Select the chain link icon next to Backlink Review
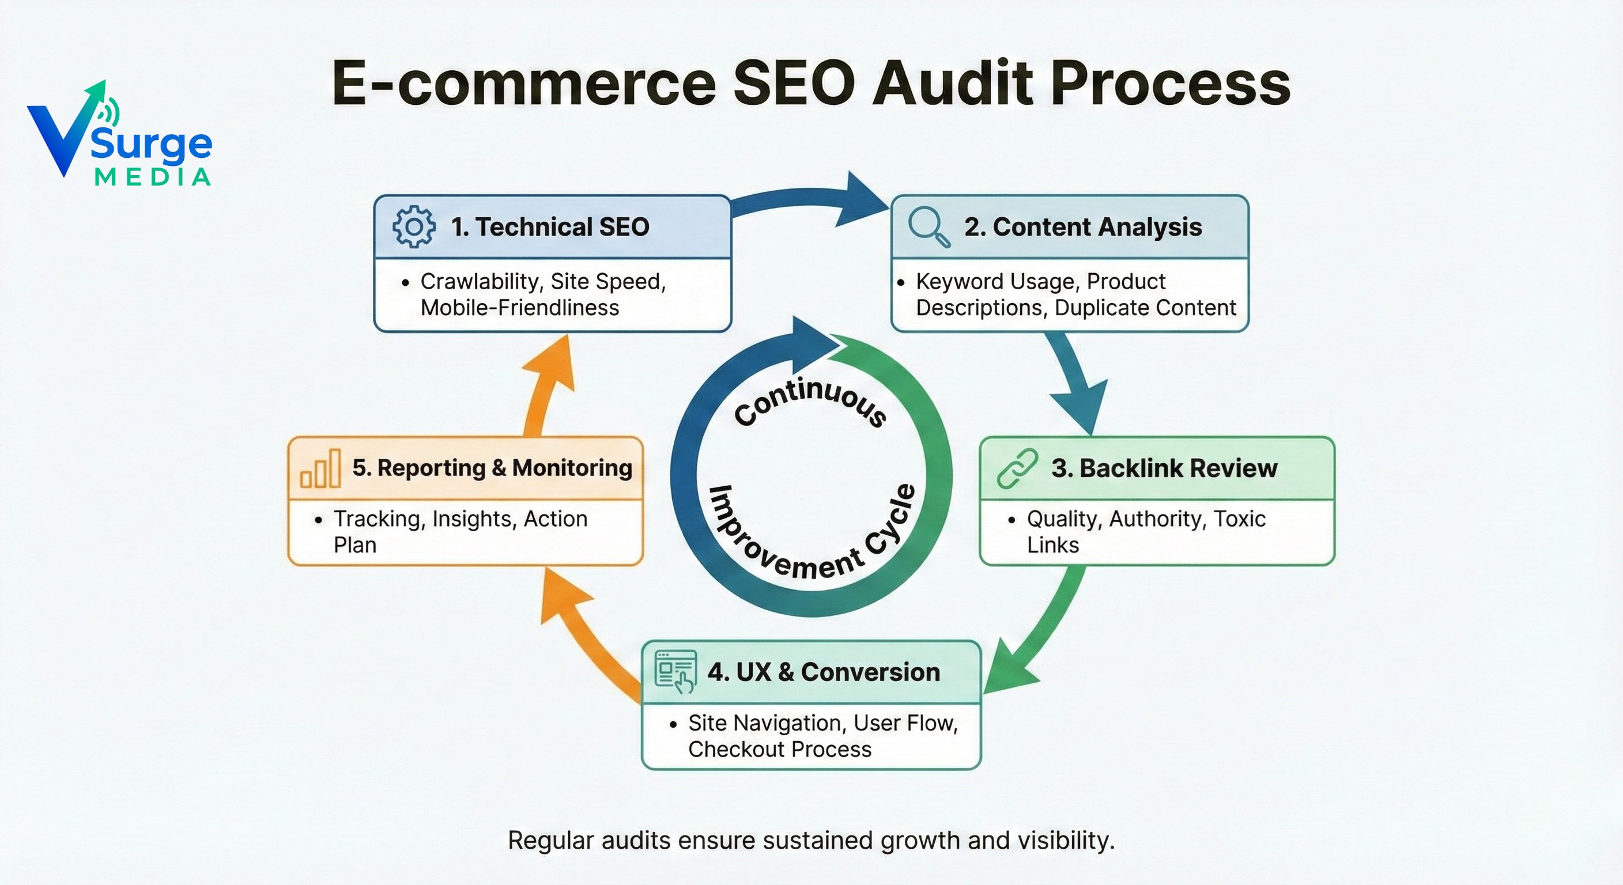point(1017,468)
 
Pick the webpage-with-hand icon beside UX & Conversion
point(675,671)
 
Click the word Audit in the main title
point(953,84)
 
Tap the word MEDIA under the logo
point(153,177)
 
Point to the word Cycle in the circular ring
point(890,520)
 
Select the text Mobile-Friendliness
point(519,308)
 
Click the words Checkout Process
point(779,750)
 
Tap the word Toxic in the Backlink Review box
point(1239,519)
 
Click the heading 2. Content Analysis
point(1082,227)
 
